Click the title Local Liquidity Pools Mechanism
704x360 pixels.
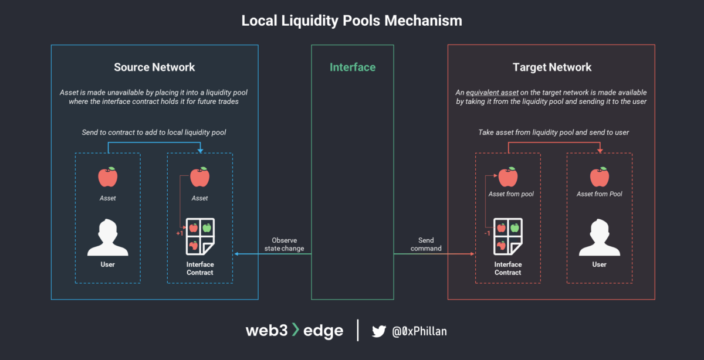[352, 21]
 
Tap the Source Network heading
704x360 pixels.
[154, 67]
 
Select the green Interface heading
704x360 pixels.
[353, 67]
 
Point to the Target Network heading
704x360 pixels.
[551, 67]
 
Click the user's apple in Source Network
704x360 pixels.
[108, 176]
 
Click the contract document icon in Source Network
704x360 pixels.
[200, 236]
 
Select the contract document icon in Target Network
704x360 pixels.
[508, 235]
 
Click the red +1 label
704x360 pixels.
[180, 233]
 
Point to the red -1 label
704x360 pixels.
[486, 233]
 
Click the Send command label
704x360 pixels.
[426, 244]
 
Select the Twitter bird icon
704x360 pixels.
[379, 331]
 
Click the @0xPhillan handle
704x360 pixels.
[419, 331]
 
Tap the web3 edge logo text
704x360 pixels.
[294, 331]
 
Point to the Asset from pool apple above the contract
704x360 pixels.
[508, 176]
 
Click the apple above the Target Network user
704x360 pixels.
[600, 176]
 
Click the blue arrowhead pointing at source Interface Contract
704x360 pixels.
[236, 254]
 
